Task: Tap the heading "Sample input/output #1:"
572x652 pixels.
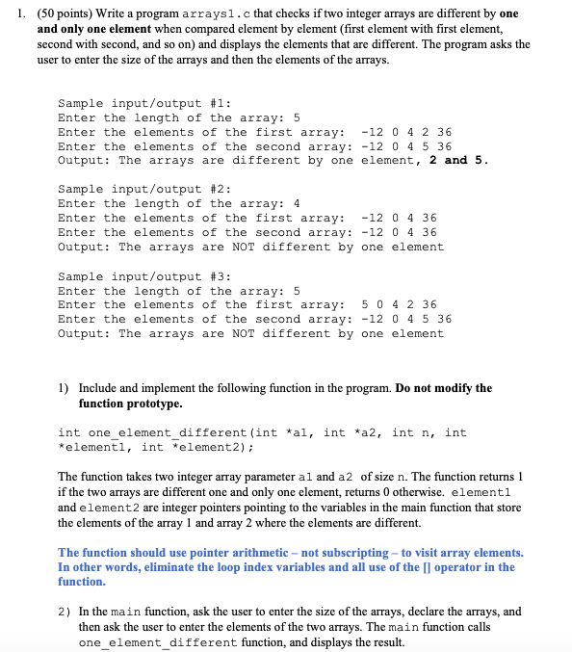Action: click(x=143, y=102)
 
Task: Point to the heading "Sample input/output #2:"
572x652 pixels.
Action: click(x=143, y=189)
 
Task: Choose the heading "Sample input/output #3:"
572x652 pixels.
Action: click(x=143, y=275)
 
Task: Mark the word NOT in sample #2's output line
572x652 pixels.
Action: click(x=245, y=247)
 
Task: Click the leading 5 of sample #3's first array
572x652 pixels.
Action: click(x=364, y=304)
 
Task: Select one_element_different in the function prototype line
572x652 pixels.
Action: click(x=168, y=432)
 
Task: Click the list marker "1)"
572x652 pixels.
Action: click(x=63, y=388)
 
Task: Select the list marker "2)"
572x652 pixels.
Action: click(x=64, y=612)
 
